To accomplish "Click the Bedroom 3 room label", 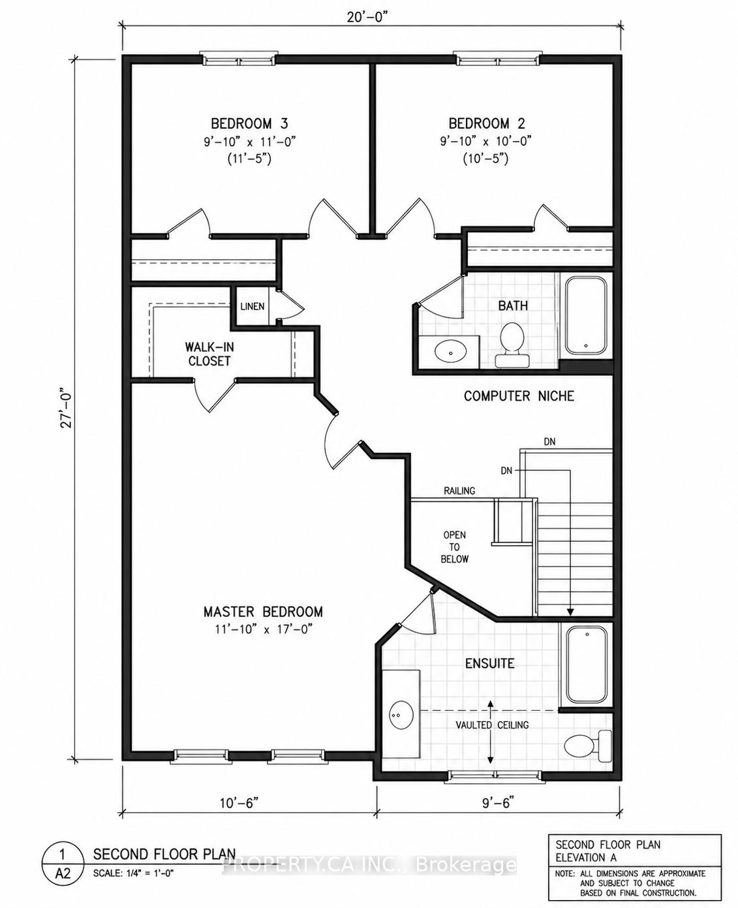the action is pyautogui.click(x=250, y=123).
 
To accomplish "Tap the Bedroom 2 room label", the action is pyautogui.click(x=487, y=123).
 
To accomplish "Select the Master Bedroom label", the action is pyautogui.click(x=263, y=612).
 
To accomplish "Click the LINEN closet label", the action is pyautogui.click(x=253, y=307).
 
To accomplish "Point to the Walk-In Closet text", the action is pyautogui.click(x=209, y=354).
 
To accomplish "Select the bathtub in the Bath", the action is pyautogui.click(x=586, y=315).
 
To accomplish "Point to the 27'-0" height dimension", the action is pyautogui.click(x=68, y=408).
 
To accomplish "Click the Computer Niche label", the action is pyautogui.click(x=519, y=396).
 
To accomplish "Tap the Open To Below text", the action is pyautogui.click(x=455, y=547).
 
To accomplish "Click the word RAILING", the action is pyautogui.click(x=459, y=491).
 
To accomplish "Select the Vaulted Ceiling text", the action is pyautogui.click(x=492, y=725).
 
